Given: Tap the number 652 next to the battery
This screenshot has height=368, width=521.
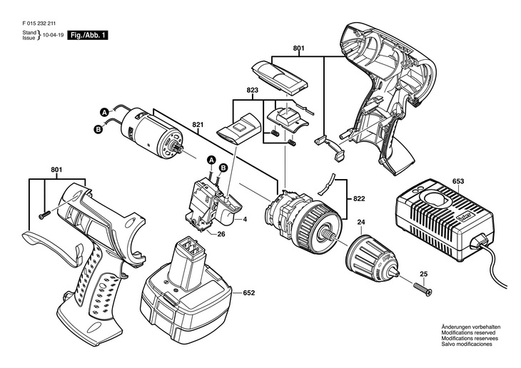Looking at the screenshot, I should click(249, 292).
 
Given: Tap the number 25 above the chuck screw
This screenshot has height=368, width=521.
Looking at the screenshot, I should click(423, 274).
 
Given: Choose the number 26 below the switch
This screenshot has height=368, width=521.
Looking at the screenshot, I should click(222, 235).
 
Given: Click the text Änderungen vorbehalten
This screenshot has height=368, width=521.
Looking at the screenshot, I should click(471, 327).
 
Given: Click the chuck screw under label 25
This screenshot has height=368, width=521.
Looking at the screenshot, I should click(418, 289).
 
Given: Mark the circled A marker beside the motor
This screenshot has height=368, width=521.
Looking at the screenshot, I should click(103, 112).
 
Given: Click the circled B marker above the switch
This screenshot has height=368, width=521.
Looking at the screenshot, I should click(223, 168).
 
